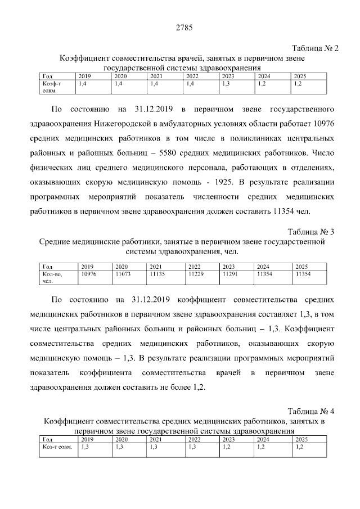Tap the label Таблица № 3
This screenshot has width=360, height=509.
[311, 232]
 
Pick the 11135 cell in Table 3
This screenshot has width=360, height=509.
[158, 274]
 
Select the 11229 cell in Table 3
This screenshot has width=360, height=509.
[195, 274]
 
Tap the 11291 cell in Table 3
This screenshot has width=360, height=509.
[231, 274]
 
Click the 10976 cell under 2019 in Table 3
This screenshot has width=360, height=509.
[89, 274]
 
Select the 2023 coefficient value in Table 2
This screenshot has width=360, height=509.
[226, 83]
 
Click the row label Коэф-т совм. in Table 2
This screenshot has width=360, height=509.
[52, 86]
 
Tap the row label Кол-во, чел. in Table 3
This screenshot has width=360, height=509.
[52, 277]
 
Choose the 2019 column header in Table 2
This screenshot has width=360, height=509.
[84, 76]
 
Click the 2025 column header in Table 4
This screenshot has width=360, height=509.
[301, 439]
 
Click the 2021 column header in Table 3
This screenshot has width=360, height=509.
[156, 267]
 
